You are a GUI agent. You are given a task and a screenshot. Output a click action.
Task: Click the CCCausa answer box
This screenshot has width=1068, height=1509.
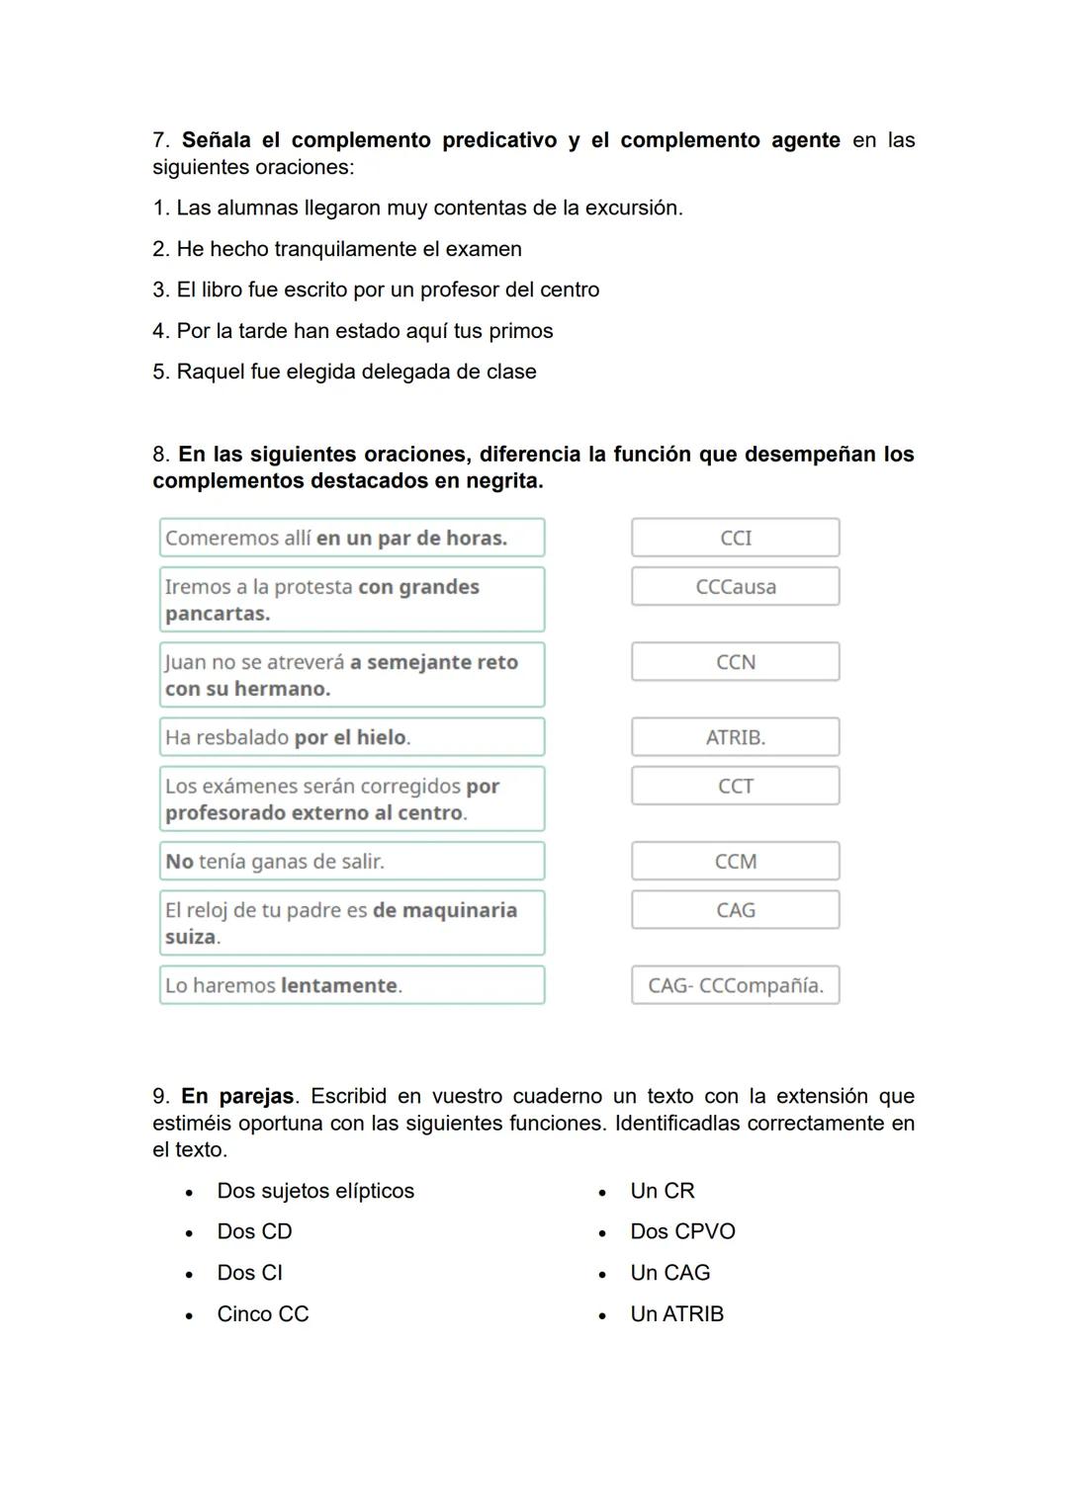click(735, 587)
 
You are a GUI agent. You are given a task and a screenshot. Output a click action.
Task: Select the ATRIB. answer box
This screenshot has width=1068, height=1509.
click(735, 737)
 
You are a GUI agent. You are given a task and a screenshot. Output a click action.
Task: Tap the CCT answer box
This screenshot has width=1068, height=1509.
click(735, 787)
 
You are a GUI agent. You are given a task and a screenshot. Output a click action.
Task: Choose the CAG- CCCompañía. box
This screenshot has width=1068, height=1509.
click(735, 985)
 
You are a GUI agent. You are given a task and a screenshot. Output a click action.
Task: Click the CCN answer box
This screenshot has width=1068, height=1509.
click(735, 662)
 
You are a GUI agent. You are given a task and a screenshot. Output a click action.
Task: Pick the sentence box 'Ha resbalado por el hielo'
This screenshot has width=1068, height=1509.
click(351, 737)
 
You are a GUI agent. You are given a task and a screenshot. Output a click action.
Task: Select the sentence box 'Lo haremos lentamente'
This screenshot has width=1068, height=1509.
click(351, 985)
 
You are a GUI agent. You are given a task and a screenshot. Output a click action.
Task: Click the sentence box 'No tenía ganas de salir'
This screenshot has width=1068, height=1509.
click(351, 862)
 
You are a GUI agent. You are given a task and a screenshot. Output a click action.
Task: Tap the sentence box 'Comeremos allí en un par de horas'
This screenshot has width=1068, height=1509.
click(351, 539)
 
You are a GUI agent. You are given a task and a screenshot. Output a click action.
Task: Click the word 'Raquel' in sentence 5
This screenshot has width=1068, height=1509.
click(204, 373)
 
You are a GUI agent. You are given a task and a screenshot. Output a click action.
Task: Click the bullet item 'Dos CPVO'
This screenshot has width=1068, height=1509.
click(682, 1232)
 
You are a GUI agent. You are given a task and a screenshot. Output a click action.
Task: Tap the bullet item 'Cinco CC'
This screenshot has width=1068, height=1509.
click(263, 1314)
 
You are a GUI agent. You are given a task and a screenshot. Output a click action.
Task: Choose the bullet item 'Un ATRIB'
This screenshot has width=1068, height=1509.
click(676, 1314)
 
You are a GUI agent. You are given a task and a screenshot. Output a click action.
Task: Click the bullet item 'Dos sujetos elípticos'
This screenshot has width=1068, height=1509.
click(315, 1191)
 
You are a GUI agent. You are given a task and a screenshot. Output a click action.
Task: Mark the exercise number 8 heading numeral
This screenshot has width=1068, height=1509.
click(160, 455)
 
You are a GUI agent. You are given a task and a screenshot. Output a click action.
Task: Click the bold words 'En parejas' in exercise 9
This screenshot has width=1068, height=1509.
click(237, 1097)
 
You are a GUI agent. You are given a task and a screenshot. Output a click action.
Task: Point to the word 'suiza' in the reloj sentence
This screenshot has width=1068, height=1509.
click(191, 937)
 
